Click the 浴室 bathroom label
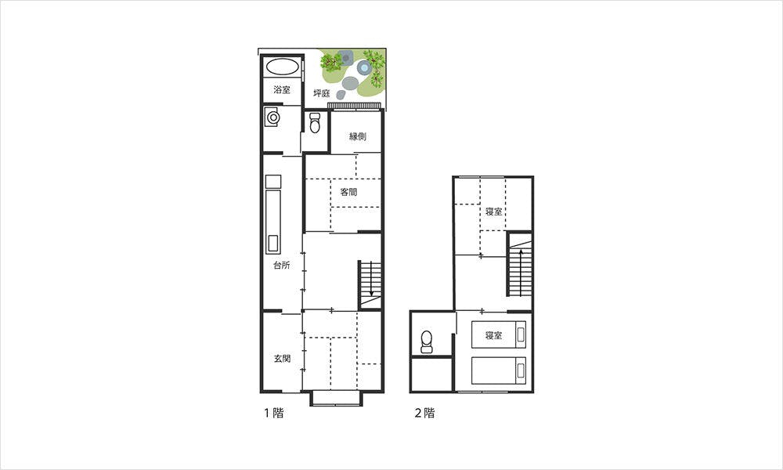click(282, 90)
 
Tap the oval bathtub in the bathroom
click(282, 67)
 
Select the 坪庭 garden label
click(322, 93)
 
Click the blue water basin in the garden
click(364, 67)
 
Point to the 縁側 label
click(358, 136)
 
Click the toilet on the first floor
click(315, 123)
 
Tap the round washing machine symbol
click(272, 117)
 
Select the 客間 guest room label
click(348, 192)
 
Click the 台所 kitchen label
click(282, 266)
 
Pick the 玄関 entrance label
click(282, 359)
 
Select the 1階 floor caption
click(273, 413)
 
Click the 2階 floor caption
click(425, 413)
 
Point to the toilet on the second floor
click(427, 342)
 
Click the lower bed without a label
click(498, 371)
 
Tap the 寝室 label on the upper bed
click(493, 335)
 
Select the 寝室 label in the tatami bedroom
click(494, 211)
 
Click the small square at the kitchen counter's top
click(273, 182)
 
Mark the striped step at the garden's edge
click(354, 106)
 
